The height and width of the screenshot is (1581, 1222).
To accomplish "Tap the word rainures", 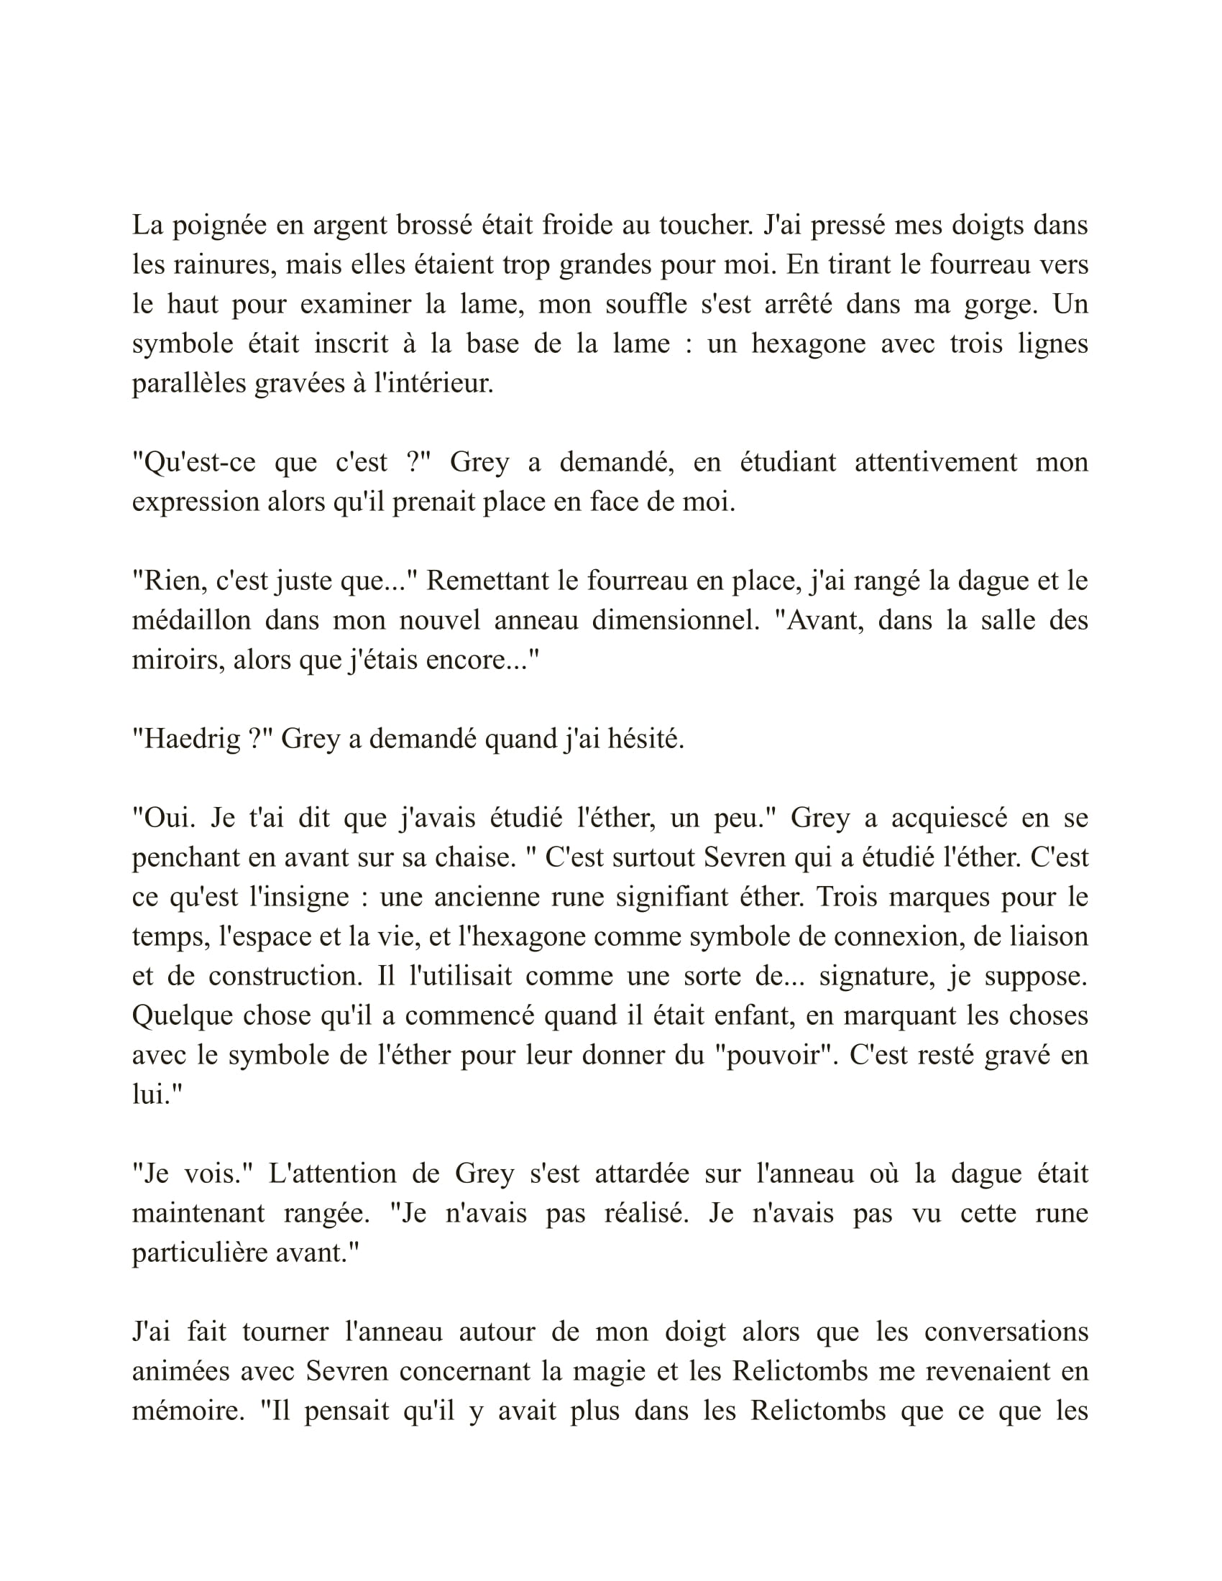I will pyautogui.click(x=224, y=265).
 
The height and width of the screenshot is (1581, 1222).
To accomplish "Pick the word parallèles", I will pyautogui.click(x=188, y=384).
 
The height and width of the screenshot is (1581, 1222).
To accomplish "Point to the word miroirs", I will pyautogui.click(x=178, y=660).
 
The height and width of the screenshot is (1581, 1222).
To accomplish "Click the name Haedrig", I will pyautogui.click(x=192, y=739).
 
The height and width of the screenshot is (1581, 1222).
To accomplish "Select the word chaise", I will pyautogui.click(x=474, y=858).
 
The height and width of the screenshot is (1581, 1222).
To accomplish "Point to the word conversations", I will pyautogui.click(x=1006, y=1332).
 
